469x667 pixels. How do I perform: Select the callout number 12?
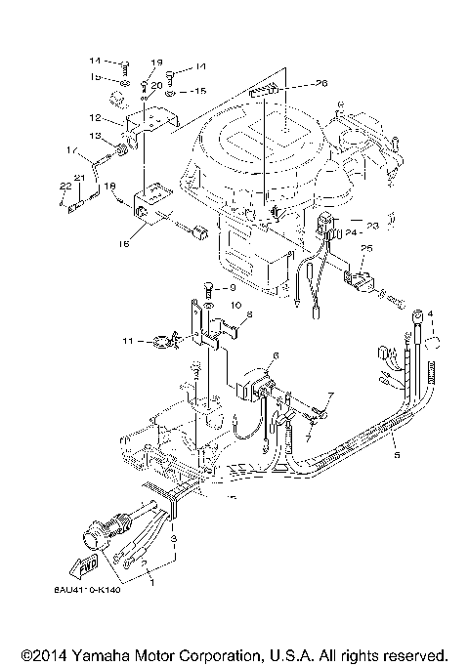(116, 117)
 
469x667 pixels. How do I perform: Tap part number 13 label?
(98, 136)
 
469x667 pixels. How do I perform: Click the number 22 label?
(63, 186)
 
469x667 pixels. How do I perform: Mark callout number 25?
(368, 250)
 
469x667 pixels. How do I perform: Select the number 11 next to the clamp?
(153, 341)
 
